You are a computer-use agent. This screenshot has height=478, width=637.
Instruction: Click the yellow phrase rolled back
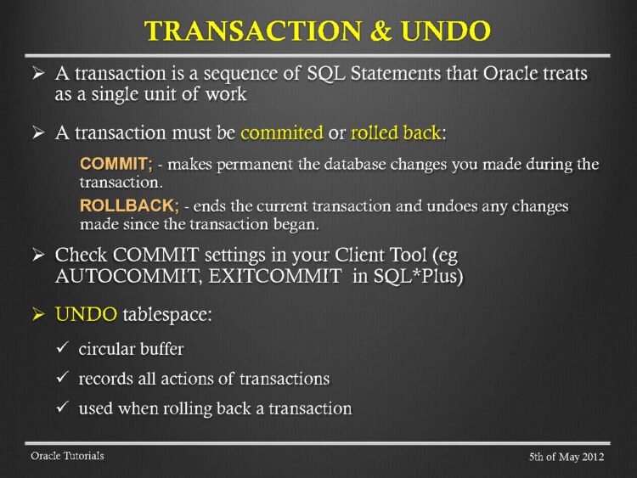coord(396,132)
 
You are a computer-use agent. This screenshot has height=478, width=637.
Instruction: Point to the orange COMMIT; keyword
coord(116,164)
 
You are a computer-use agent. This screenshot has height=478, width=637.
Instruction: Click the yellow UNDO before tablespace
coord(86,314)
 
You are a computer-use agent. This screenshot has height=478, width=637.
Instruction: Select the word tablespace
coord(167,314)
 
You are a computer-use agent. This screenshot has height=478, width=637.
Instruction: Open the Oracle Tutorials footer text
coord(67,456)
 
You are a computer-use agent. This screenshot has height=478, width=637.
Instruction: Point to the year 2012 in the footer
coord(591,457)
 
